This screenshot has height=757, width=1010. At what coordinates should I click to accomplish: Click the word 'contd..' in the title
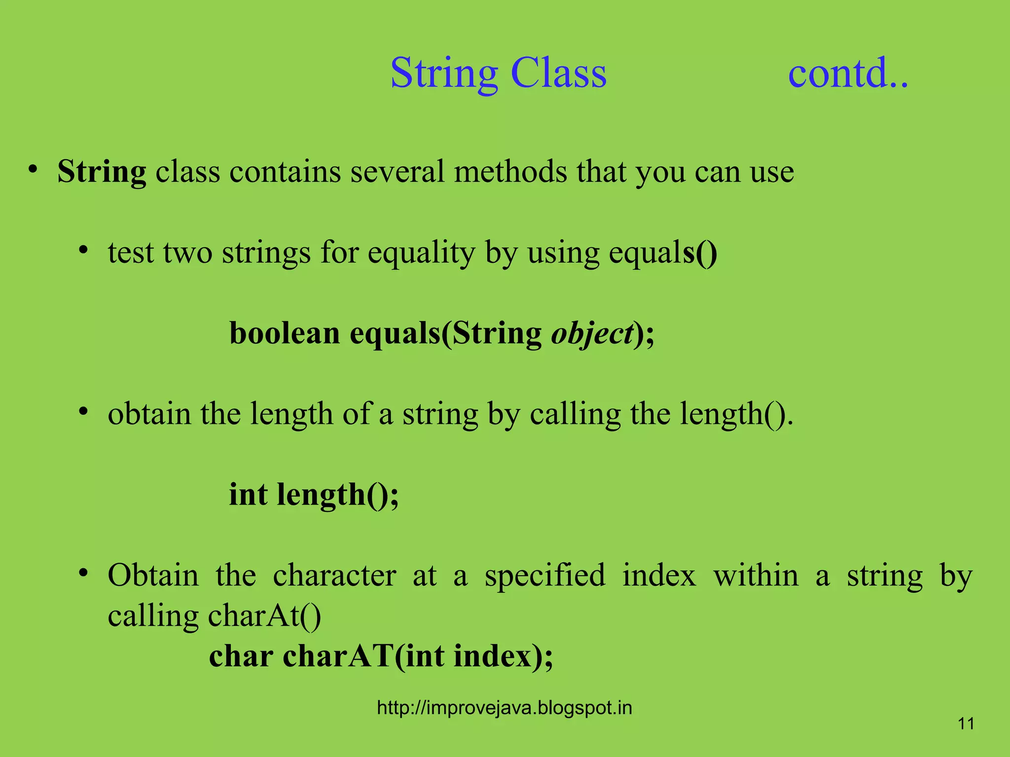848,73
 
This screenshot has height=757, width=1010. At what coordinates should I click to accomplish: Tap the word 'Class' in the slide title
558,73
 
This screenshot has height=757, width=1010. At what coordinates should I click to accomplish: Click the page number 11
966,723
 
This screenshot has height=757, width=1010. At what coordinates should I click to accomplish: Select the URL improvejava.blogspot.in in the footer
504,708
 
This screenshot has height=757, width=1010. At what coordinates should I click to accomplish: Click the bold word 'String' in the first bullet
102,172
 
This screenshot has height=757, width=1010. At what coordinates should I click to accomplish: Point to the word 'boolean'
285,333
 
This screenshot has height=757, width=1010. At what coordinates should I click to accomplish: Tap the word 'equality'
421,253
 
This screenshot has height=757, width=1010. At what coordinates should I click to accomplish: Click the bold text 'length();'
338,495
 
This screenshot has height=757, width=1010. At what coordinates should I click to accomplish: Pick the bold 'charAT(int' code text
363,656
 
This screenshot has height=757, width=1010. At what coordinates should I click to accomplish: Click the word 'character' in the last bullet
334,576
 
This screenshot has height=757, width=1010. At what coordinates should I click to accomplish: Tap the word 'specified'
545,576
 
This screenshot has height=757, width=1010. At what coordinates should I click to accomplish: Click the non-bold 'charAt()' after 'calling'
264,616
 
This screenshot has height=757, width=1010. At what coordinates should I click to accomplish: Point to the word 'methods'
510,172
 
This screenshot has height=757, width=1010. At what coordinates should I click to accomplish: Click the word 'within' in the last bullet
756,576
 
